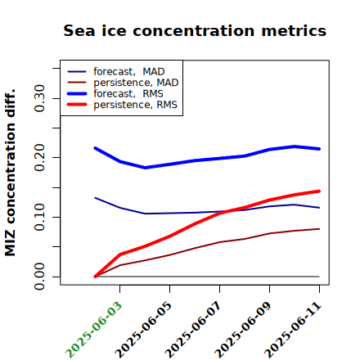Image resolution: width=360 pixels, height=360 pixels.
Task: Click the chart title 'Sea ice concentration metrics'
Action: pos(195,30)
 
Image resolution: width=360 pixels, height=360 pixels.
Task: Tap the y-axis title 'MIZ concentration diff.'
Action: pos(10,173)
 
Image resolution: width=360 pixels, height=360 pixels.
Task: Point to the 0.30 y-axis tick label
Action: pos(40,98)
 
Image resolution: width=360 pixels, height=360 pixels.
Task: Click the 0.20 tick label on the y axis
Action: pos(40,158)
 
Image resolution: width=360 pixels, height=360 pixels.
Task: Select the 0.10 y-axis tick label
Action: pos(40,217)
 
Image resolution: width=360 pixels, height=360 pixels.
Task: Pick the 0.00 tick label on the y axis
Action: pos(40,277)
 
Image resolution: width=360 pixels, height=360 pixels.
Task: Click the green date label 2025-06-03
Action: pos(93,330)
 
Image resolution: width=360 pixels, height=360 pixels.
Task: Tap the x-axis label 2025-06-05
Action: pos(143,330)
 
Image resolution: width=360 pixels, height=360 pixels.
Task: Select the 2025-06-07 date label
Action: pos(193,330)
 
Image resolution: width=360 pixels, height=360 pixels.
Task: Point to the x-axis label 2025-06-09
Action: pos(243,330)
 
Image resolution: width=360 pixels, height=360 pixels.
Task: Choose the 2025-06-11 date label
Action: pos(293,330)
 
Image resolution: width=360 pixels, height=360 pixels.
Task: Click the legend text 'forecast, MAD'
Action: pos(129,72)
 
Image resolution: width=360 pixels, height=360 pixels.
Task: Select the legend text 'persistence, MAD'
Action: pos(136,83)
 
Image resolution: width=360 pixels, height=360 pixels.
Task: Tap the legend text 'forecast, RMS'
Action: pos(128,94)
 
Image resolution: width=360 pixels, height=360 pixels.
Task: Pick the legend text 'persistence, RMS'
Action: pos(135,105)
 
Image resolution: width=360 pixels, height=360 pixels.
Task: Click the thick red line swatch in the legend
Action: pos(77,105)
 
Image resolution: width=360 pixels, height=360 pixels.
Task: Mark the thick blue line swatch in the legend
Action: pos(77,93)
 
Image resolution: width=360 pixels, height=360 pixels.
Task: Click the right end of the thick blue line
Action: pos(319,149)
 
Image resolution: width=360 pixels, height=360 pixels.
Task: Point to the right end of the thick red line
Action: pos(319,191)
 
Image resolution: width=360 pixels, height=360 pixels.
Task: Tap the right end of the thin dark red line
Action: pos(319,229)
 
